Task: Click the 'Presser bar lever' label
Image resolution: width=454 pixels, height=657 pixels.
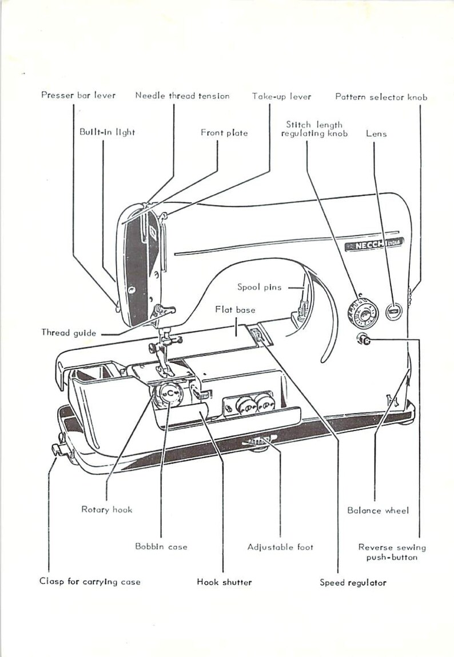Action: click(78, 95)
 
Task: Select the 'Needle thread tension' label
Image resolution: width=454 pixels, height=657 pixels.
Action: click(182, 96)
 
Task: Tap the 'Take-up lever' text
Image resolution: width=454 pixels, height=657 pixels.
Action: click(282, 96)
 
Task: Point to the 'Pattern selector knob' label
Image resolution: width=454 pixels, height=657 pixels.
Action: click(381, 97)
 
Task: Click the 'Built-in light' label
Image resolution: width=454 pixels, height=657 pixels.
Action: click(107, 132)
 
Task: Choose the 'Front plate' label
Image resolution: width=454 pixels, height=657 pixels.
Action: click(224, 133)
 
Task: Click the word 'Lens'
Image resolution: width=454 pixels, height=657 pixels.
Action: click(376, 133)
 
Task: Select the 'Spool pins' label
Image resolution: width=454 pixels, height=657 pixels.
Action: click(260, 287)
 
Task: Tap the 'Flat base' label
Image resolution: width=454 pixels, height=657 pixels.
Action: click(235, 310)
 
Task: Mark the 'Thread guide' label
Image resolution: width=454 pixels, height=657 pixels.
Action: click(69, 332)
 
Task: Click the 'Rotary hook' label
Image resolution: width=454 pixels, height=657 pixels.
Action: click(107, 509)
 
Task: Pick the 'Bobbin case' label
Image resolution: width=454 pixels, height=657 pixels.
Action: click(161, 546)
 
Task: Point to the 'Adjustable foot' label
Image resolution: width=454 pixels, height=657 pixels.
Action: click(280, 547)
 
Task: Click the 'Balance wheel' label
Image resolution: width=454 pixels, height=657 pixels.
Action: click(378, 510)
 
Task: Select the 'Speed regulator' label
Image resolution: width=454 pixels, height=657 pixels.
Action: click(353, 583)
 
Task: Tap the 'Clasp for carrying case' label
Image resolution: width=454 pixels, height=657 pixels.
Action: click(90, 581)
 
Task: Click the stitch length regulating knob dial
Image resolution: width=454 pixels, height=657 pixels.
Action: click(361, 314)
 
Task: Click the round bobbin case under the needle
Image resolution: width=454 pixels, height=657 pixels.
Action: click(169, 394)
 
